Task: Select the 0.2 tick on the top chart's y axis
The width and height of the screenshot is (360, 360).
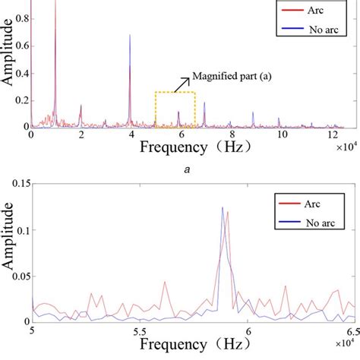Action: click(x=21, y=99)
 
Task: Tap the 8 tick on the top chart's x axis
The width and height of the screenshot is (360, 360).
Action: click(x=229, y=134)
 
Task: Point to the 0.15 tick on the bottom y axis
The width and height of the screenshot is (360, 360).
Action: click(x=17, y=183)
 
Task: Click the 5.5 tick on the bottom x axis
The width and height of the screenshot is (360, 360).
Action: click(x=140, y=332)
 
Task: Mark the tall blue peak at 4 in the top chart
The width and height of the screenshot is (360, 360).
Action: click(x=130, y=36)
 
